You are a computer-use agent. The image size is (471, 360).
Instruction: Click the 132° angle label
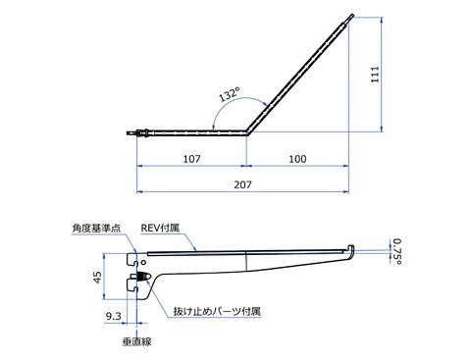[229, 94]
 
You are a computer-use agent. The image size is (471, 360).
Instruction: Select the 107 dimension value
[191, 159]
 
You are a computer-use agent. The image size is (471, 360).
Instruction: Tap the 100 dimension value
[297, 159]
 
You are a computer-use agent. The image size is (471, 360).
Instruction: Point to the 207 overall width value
[242, 184]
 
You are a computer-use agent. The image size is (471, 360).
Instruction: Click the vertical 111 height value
[375, 75]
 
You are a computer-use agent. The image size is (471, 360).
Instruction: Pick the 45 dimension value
[97, 278]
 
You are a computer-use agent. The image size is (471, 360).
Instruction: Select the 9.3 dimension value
[114, 316]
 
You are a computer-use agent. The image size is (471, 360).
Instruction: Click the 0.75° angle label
[397, 251]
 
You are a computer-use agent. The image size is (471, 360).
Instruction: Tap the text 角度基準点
[96, 229]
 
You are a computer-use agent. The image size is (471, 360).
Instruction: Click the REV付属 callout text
[160, 228]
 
